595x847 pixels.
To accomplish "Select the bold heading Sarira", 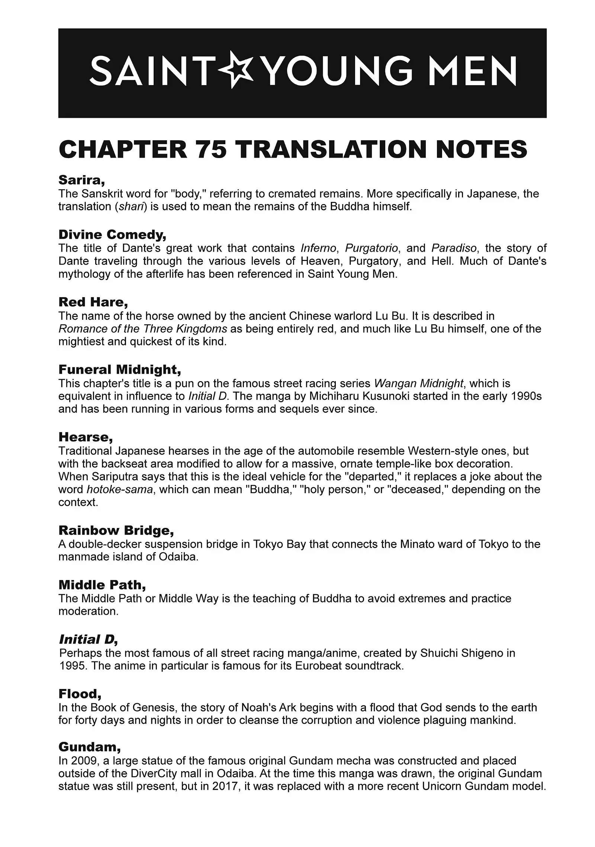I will click(81, 180).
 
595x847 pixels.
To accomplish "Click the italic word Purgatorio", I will click(372, 248).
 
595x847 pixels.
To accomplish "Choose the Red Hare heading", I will click(93, 302).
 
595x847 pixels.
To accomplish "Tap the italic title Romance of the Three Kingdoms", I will click(142, 329).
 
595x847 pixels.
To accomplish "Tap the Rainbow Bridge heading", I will click(116, 530).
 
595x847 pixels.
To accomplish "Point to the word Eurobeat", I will click(318, 666).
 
